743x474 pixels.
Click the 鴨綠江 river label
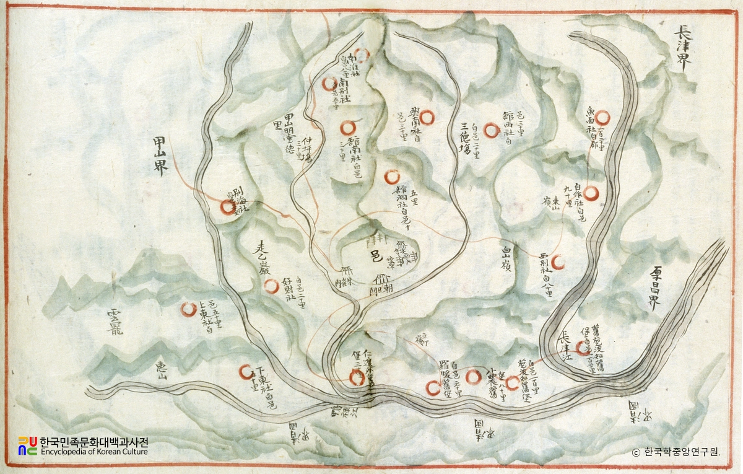343,411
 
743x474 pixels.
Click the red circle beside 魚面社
602,116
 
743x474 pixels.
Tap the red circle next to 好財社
271,286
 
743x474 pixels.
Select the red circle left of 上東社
188,309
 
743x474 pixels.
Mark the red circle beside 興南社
429,117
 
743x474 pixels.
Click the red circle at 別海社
228,207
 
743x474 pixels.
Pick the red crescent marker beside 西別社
558,263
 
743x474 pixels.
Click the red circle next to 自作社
592,194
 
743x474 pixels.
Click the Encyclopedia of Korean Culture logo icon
27,445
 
